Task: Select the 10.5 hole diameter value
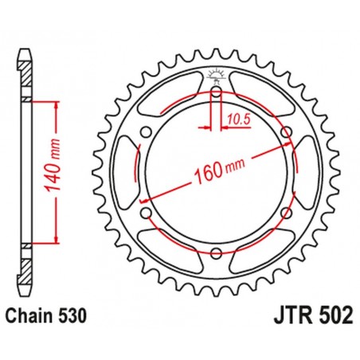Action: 237,119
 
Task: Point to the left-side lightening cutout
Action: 127,172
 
